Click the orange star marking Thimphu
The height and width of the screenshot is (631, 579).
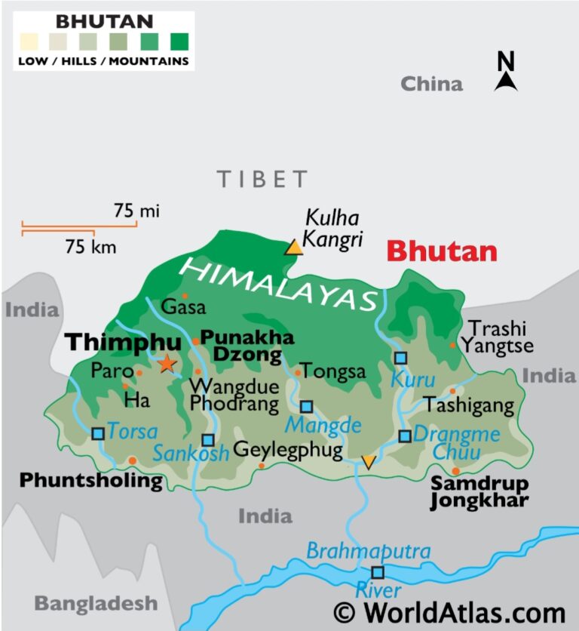tap(167, 365)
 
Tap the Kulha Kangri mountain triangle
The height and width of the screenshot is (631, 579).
tap(293, 247)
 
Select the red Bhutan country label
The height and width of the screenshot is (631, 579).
tap(442, 251)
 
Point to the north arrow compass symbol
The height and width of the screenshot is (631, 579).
tap(506, 72)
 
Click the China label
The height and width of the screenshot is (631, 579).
tap(431, 84)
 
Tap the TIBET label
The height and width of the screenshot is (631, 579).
tap(263, 180)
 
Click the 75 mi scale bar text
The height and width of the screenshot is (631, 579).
tap(136, 211)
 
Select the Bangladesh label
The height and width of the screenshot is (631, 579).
tap(96, 603)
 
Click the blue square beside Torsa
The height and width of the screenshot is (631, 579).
tap(98, 433)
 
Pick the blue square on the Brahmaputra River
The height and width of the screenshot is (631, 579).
tap(378, 572)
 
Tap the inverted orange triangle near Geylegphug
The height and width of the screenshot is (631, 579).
tap(368, 463)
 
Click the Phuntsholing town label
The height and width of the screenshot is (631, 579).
tap(90, 480)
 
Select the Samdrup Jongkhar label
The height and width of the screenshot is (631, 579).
tap(479, 491)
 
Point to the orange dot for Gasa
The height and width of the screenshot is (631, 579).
tap(185, 296)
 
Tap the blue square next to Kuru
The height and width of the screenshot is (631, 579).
tap(400, 358)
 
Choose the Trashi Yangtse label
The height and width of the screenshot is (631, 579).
tap(498, 337)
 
